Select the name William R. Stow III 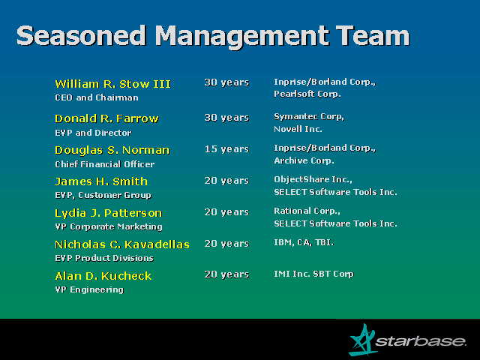point(112,83)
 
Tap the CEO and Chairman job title point(97,97)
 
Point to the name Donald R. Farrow point(106,118)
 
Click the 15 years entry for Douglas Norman point(226,148)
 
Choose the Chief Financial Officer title point(104,164)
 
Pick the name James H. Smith point(101,181)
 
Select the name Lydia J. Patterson point(108,213)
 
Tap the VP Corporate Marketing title point(108,226)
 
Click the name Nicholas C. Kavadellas point(121,244)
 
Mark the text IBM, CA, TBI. point(304,243)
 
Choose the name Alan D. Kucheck point(103,276)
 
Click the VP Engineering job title point(89,290)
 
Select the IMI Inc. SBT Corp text point(313,274)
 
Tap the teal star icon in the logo point(363,340)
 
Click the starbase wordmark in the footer point(421,342)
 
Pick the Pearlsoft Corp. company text point(307,94)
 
